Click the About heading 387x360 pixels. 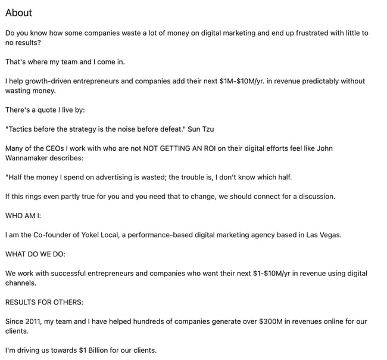click(x=18, y=13)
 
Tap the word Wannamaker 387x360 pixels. click(x=29, y=158)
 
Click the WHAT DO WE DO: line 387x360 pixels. click(x=35, y=254)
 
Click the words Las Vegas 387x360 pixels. click(x=323, y=235)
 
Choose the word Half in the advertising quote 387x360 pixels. click(x=16, y=177)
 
